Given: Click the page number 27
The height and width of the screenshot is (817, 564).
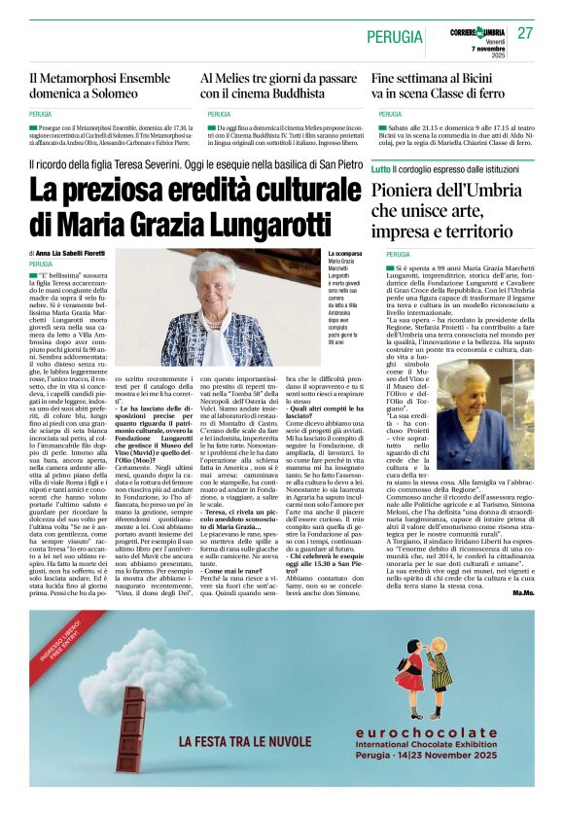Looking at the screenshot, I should coord(525,33).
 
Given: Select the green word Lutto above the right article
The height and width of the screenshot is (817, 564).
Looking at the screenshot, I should coord(381,170).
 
